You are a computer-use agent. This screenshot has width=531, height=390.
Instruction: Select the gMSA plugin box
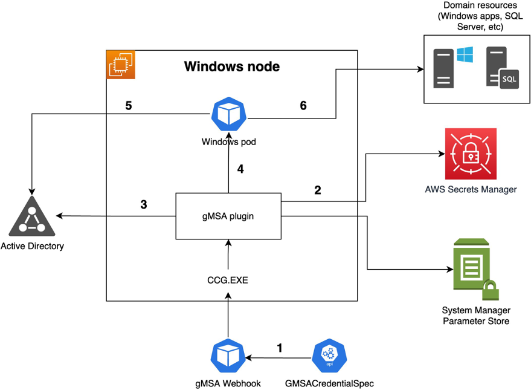(228, 216)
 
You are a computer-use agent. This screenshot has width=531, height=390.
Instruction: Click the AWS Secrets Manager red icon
(470, 154)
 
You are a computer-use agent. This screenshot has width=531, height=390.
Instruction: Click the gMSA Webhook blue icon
(228, 357)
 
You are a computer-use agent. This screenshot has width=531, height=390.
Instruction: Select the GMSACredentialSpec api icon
(329, 357)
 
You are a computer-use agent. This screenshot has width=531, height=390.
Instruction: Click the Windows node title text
(231, 66)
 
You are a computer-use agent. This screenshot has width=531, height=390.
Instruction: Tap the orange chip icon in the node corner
(121, 65)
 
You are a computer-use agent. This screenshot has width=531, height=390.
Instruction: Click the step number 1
(279, 348)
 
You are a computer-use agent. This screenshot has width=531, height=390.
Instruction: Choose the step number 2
(318, 190)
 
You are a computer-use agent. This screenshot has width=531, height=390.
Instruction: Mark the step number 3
(144, 204)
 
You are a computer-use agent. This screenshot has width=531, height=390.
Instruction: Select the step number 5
(129, 105)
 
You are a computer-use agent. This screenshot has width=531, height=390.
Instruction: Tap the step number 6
(303, 105)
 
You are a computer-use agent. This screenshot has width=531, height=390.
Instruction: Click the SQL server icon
(502, 68)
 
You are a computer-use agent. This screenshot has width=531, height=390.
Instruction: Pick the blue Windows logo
(464, 55)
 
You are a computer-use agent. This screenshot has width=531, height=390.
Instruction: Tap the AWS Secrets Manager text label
(470, 189)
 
